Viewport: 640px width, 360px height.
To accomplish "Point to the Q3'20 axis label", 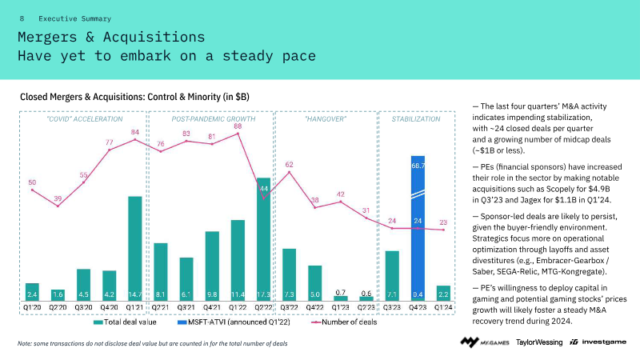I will [x=83, y=306].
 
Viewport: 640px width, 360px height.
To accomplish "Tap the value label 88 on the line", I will [x=238, y=126].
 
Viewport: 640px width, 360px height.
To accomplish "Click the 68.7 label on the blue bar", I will [x=418, y=166].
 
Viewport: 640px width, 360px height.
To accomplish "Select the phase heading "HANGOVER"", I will [x=326, y=118].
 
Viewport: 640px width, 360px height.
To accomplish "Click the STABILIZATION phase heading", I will [x=416, y=118].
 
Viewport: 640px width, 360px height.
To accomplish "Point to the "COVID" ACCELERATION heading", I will [x=74, y=118].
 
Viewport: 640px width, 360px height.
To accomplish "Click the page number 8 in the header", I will [x=22, y=18].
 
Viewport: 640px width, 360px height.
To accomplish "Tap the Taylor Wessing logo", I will [x=539, y=342].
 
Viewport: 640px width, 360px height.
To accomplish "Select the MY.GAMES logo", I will [x=484, y=342].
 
